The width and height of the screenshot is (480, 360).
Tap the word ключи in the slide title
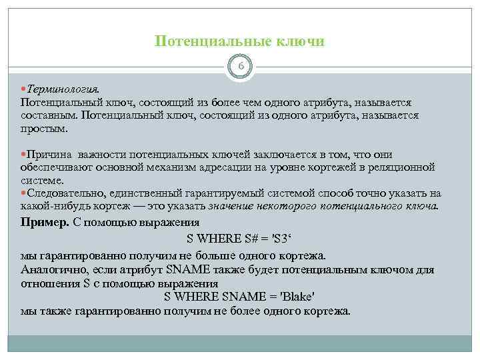coord(302,41)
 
